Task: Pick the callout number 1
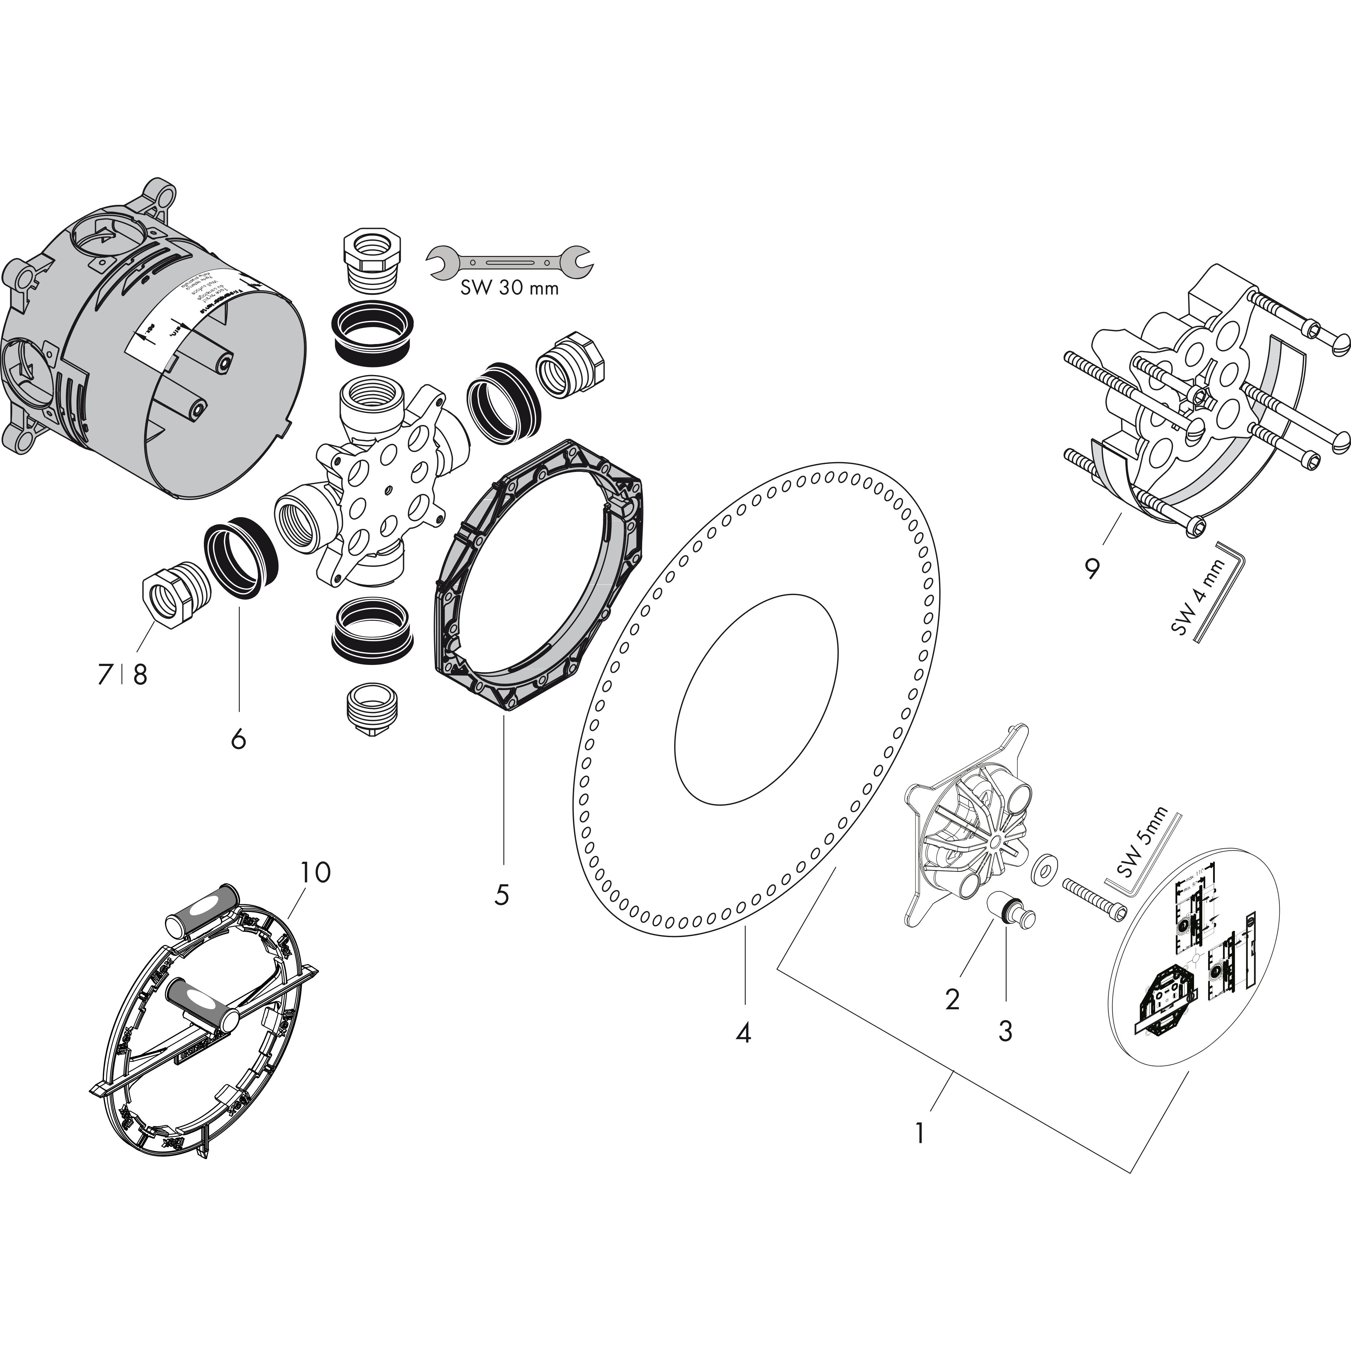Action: tap(920, 1132)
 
